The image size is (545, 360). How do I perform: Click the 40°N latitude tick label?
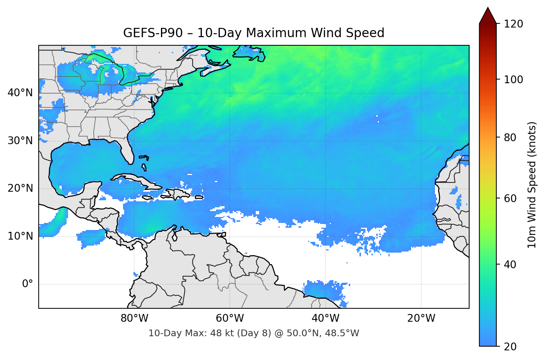coord(20,93)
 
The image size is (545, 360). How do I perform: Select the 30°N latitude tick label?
coord(20,141)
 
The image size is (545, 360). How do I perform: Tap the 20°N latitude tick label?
coord(20,188)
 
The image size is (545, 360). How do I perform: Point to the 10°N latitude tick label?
coord(20,236)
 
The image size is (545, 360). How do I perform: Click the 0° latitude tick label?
coord(28,284)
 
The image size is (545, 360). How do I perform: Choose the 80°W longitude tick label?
coord(134,318)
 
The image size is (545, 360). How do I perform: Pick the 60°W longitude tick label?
coord(230,318)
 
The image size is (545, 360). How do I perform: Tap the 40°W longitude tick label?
coord(325,318)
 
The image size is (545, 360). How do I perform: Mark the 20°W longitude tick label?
coord(421,318)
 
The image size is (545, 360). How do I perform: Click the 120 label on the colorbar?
coord(513,24)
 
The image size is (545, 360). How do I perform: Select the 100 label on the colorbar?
coord(513,80)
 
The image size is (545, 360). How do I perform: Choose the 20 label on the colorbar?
coord(510,347)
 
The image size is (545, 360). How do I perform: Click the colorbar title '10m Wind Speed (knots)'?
coord(532,185)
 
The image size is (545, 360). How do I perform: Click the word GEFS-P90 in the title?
coord(153,33)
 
